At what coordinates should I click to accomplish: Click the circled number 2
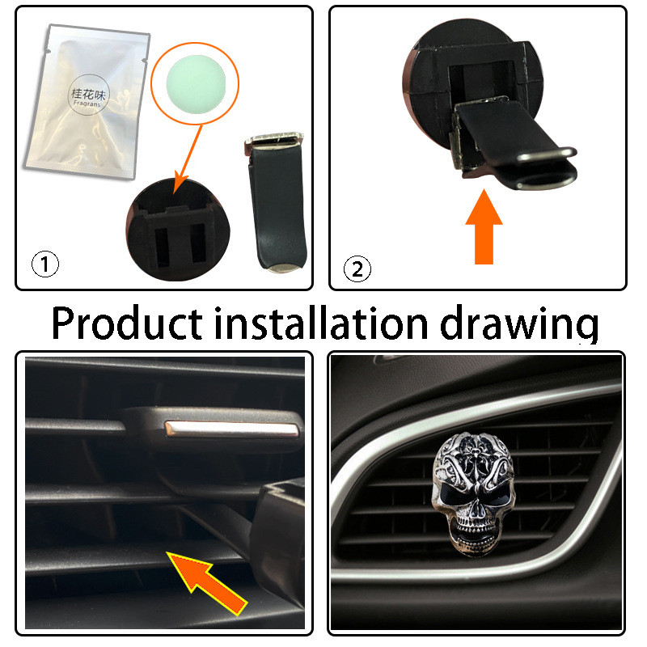[357, 268]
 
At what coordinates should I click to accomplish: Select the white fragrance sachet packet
[85, 97]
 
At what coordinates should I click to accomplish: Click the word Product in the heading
[127, 323]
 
